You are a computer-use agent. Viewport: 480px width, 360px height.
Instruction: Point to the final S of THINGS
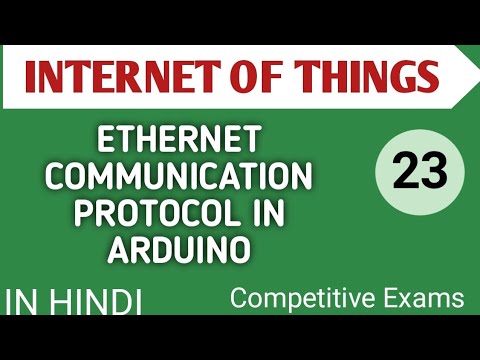pyautogui.click(x=428, y=76)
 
